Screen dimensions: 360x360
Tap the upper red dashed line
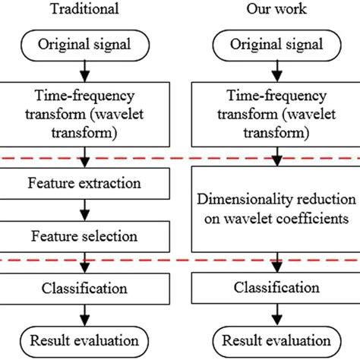coord(180,156)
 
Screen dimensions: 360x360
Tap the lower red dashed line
coord(180,261)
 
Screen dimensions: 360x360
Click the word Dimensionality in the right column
coord(237,200)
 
